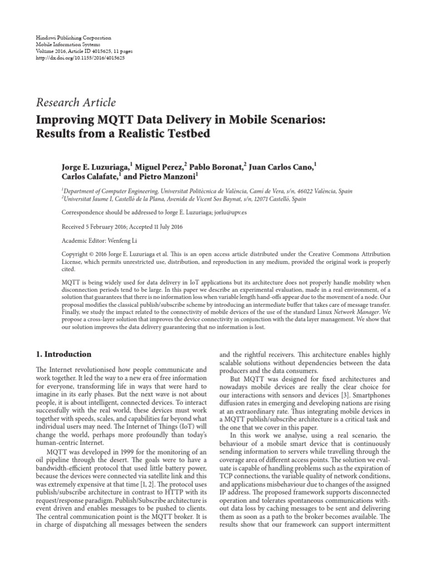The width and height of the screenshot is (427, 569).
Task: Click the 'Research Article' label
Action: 76,102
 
